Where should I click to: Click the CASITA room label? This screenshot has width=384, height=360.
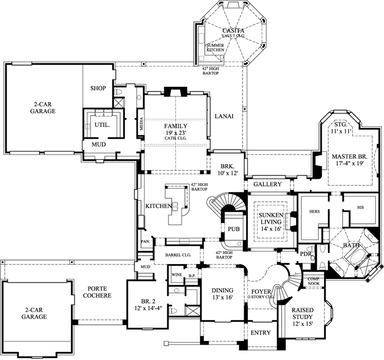tap(233, 31)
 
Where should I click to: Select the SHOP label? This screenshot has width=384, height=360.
tap(98, 88)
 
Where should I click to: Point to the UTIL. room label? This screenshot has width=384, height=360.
tap(102, 125)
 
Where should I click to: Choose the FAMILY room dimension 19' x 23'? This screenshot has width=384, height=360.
tap(175, 132)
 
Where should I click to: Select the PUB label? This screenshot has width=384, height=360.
tap(234, 229)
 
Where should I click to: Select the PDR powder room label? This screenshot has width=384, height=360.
tap(305, 254)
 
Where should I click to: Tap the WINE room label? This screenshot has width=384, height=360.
tap(176, 275)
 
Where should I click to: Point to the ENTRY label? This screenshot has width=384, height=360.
tap(260, 333)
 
